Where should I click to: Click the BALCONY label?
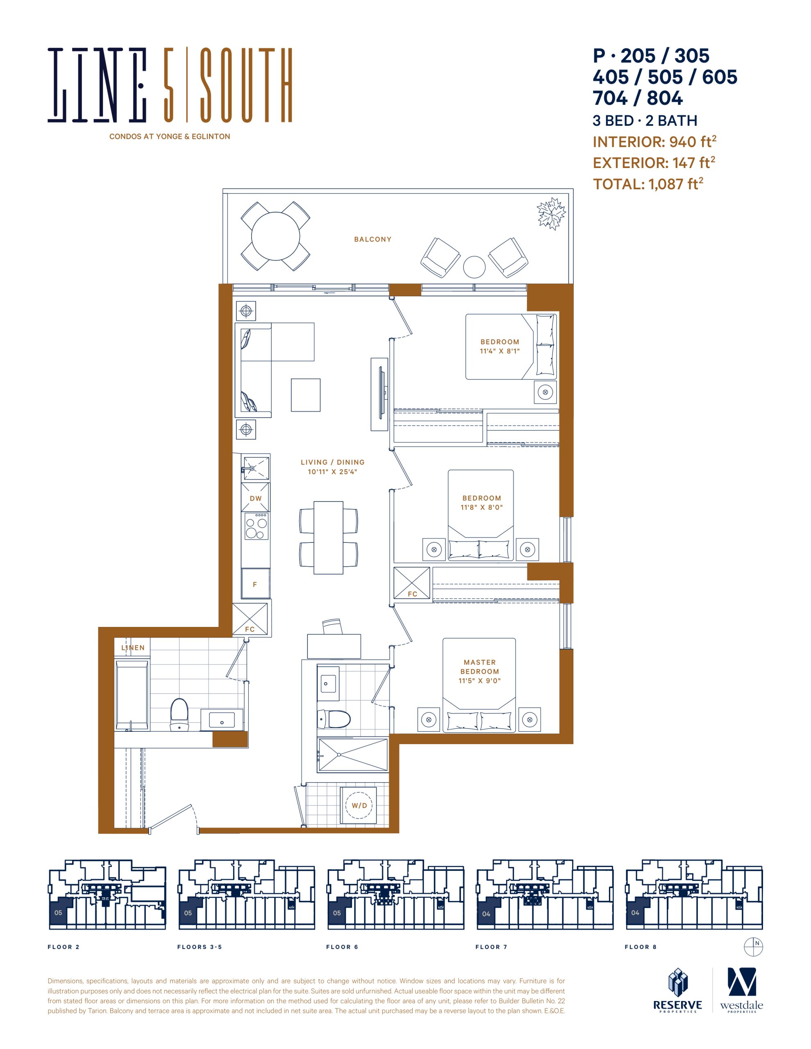click(x=373, y=239)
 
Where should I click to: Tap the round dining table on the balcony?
click(x=275, y=236)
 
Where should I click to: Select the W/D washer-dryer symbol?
click(x=359, y=806)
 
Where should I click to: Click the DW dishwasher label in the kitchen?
click(x=256, y=499)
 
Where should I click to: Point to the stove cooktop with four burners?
click(x=256, y=526)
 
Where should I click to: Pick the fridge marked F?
click(x=255, y=584)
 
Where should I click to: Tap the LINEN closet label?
click(x=133, y=647)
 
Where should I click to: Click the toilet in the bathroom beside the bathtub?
click(x=179, y=715)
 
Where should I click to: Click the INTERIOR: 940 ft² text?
click(x=654, y=142)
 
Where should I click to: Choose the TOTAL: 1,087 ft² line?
click(x=648, y=184)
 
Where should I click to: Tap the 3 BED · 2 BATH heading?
click(x=645, y=120)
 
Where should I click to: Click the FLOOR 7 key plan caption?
click(x=491, y=947)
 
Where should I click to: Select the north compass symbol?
click(x=753, y=947)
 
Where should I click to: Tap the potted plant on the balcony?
click(x=552, y=213)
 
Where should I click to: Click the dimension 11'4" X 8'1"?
click(x=500, y=351)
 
